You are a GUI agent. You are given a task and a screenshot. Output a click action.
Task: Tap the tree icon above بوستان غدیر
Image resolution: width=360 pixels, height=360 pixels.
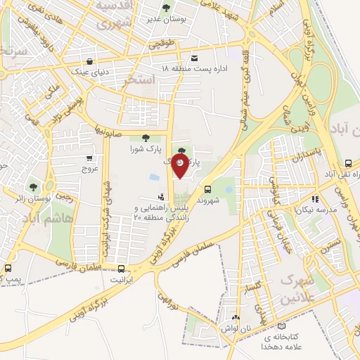coord(166,8)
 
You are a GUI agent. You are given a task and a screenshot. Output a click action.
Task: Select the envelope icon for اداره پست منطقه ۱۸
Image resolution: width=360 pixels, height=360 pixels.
coord(195,58)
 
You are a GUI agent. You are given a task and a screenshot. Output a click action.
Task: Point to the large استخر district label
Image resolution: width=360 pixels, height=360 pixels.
coord(138,81)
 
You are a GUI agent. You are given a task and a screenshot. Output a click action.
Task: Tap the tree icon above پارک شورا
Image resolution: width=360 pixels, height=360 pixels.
coord(145,138)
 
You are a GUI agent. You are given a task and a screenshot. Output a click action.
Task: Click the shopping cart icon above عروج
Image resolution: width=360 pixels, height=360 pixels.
coord(89,158)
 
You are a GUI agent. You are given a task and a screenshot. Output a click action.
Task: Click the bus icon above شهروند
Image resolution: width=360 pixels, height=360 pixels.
coord(207,188)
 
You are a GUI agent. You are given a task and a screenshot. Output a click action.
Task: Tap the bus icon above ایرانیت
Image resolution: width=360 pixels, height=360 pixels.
coord(122,268)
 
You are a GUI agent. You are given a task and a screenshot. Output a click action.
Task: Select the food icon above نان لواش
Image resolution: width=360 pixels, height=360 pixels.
coord(236,318)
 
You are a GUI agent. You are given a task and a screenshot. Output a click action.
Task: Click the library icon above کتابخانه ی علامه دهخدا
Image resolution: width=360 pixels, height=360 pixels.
coord(282,326)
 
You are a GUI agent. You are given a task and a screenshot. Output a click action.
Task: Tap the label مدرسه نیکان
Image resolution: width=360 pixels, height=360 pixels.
coord(314,210)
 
